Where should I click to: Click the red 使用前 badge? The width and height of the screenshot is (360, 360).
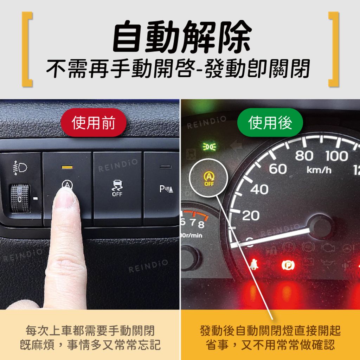pos(94,123)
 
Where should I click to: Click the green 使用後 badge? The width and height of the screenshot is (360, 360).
pos(270,123)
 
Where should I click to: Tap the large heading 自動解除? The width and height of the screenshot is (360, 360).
pos(182,36)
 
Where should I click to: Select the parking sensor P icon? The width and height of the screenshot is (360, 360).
pos(166,189)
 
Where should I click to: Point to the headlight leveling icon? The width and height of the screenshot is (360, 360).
pos(20,168)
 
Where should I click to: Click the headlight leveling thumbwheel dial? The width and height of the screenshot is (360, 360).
pos(20,198)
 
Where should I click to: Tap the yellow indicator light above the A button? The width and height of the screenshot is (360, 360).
pos(67,167)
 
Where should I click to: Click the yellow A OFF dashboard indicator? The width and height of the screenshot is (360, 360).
pos(209,178)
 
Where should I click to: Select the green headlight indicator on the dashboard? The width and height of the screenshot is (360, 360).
pos(210,147)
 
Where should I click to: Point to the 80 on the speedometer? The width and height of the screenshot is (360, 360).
pos(304,156)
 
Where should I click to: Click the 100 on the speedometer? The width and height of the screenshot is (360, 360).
pos(336,156)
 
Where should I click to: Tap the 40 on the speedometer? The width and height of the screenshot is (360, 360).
pos(259,189)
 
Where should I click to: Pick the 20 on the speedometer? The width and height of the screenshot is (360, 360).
pos(251,216)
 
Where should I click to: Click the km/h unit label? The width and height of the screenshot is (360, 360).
pos(319,170)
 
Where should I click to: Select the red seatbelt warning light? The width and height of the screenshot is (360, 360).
pos(254,264)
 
